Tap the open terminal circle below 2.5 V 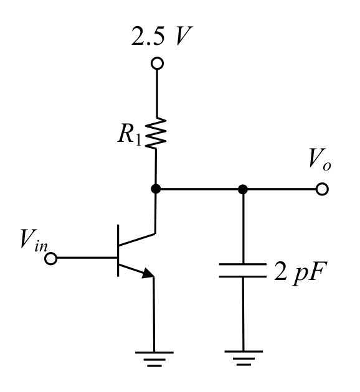[158, 63]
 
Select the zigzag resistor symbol [155, 133]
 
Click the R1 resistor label [130, 134]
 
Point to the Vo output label [320, 159]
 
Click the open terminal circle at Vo [322, 189]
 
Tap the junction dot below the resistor [156, 189]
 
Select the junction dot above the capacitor [243, 189]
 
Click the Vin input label [34, 241]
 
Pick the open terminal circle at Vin [51, 258]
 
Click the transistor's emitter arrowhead [148, 273]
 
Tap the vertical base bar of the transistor [118, 251]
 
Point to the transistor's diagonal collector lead [137, 240]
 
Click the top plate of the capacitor [242, 264]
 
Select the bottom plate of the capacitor [242, 276]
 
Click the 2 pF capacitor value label [301, 273]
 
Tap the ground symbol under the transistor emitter [154, 359]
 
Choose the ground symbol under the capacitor [244, 358]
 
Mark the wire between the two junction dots [199, 189]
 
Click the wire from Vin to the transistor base [87, 258]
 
